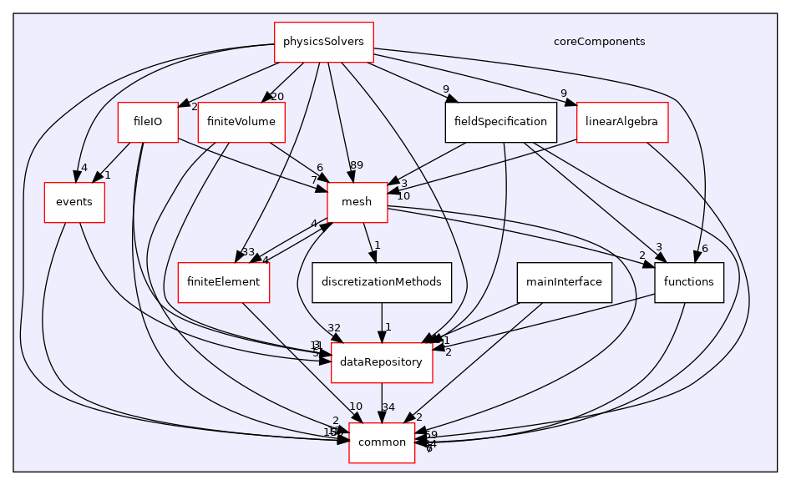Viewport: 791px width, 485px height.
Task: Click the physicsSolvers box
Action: pyautogui.click(x=324, y=41)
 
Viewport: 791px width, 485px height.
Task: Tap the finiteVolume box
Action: pyautogui.click(x=241, y=122)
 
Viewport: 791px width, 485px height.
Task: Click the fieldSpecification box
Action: pyautogui.click(x=500, y=122)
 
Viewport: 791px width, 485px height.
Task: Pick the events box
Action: pyautogui.click(x=74, y=202)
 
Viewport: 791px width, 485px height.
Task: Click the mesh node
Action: pyautogui.click(x=357, y=202)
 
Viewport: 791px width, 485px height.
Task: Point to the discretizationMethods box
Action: pyautogui.click(x=382, y=282)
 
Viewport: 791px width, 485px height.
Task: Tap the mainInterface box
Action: pyautogui.click(x=565, y=282)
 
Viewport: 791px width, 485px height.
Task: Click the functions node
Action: pyautogui.click(x=688, y=282)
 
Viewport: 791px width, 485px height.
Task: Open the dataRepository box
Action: pyautogui.click(x=382, y=362)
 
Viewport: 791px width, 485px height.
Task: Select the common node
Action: pyautogui.click(x=382, y=442)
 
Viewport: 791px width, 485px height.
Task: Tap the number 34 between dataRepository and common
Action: pyautogui.click(x=388, y=407)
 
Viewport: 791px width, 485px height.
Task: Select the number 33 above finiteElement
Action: pyautogui.click(x=248, y=252)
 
